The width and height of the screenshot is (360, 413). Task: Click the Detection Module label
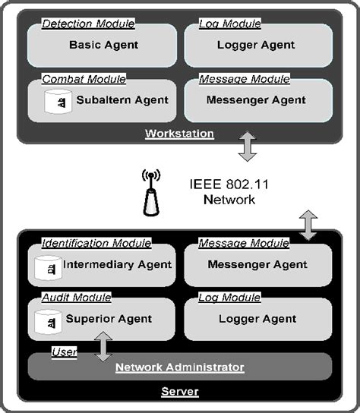click(87, 24)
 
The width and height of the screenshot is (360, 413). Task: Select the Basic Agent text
click(103, 45)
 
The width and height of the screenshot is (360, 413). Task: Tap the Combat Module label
click(84, 79)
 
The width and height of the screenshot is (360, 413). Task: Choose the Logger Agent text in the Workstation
click(257, 45)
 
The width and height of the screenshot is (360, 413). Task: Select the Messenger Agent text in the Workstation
click(257, 99)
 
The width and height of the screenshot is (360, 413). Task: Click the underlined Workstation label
click(179, 134)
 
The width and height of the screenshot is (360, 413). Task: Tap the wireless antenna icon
click(151, 194)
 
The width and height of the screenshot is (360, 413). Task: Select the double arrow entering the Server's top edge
click(308, 225)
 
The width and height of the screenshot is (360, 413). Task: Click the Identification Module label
click(96, 243)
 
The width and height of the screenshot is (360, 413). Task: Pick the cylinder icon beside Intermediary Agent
click(48, 266)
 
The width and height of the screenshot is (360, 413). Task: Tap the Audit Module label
click(76, 298)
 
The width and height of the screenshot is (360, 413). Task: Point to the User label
click(64, 352)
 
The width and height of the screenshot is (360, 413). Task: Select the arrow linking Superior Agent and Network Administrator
click(104, 345)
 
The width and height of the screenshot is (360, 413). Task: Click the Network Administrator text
click(179, 367)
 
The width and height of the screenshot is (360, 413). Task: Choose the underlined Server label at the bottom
click(179, 392)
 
